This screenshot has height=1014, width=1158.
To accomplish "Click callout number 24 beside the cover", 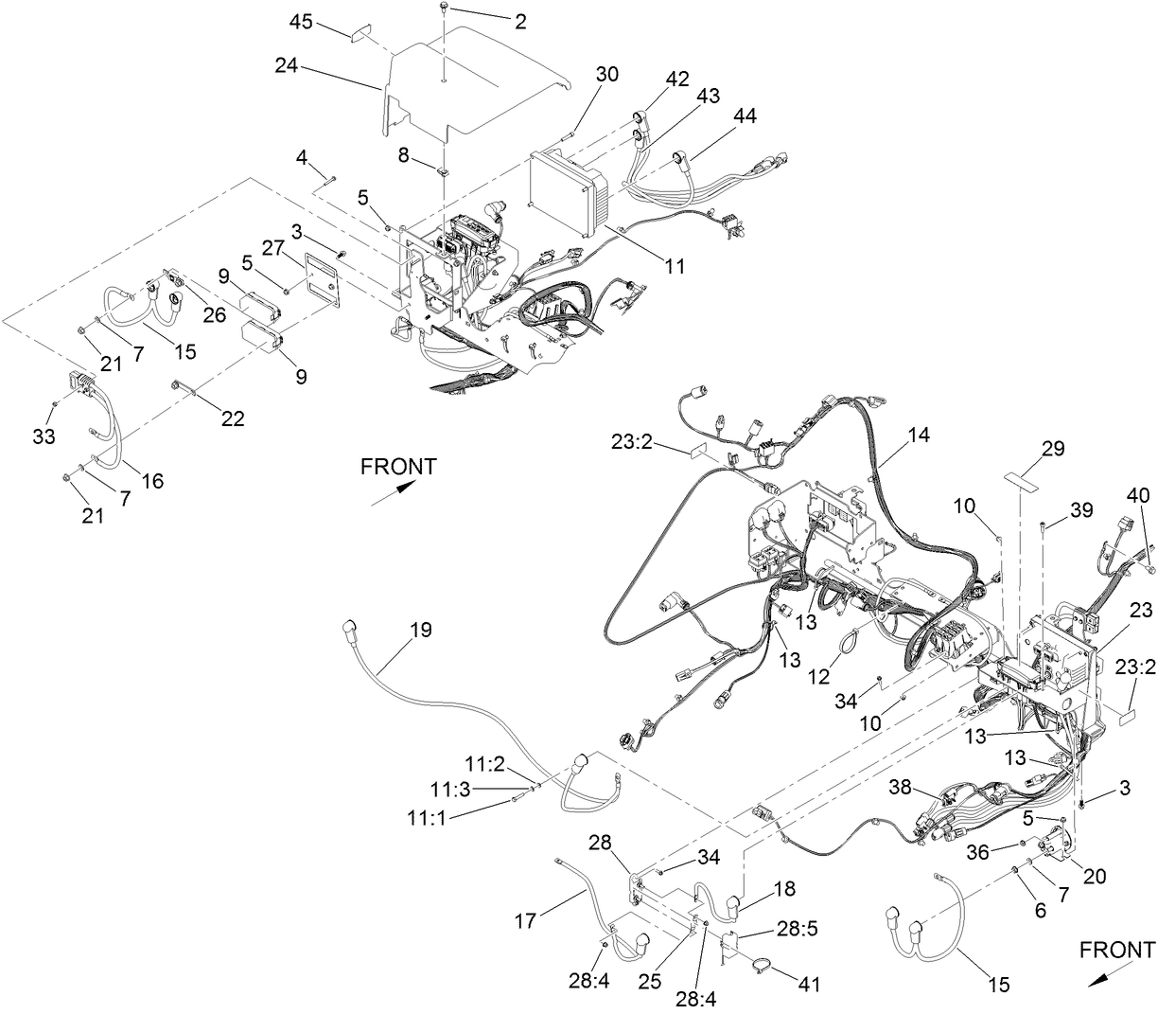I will pyautogui.click(x=287, y=66).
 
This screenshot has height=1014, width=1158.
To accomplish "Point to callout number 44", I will pyautogui.click(x=745, y=115).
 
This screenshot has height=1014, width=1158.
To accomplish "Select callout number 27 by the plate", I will pyautogui.click(x=272, y=248).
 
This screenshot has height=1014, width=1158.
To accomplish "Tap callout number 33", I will pyautogui.click(x=44, y=437).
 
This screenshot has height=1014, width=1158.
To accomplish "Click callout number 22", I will pyautogui.click(x=233, y=418).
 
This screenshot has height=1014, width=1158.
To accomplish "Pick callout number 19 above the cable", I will pyautogui.click(x=421, y=630).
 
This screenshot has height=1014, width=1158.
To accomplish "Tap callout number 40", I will pyautogui.click(x=1139, y=495).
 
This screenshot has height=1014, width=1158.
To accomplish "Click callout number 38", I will pyautogui.click(x=900, y=786).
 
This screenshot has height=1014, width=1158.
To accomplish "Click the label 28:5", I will pyautogui.click(x=777, y=932).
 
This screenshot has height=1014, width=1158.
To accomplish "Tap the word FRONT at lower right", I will pyautogui.click(x=1116, y=949).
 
